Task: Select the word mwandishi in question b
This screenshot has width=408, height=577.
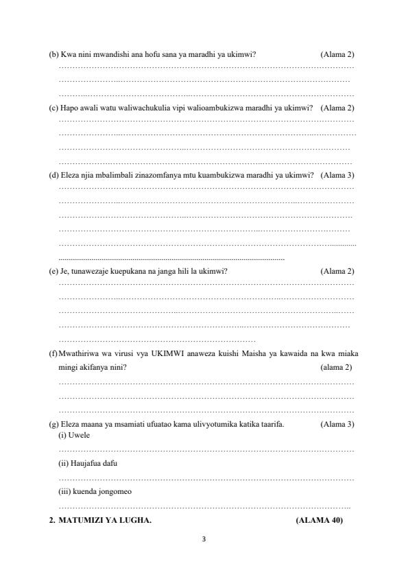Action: (x=111, y=54)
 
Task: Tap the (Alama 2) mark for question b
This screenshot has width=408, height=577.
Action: (x=337, y=54)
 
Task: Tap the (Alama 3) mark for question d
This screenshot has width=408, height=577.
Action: (x=337, y=175)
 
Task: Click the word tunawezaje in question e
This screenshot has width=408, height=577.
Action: (x=88, y=272)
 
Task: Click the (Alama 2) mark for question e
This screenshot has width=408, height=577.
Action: (x=337, y=272)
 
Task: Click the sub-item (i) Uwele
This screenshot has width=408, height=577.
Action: (x=71, y=436)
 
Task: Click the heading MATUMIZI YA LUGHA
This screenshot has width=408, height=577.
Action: (x=106, y=521)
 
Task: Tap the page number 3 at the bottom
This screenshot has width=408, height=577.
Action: (x=204, y=537)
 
